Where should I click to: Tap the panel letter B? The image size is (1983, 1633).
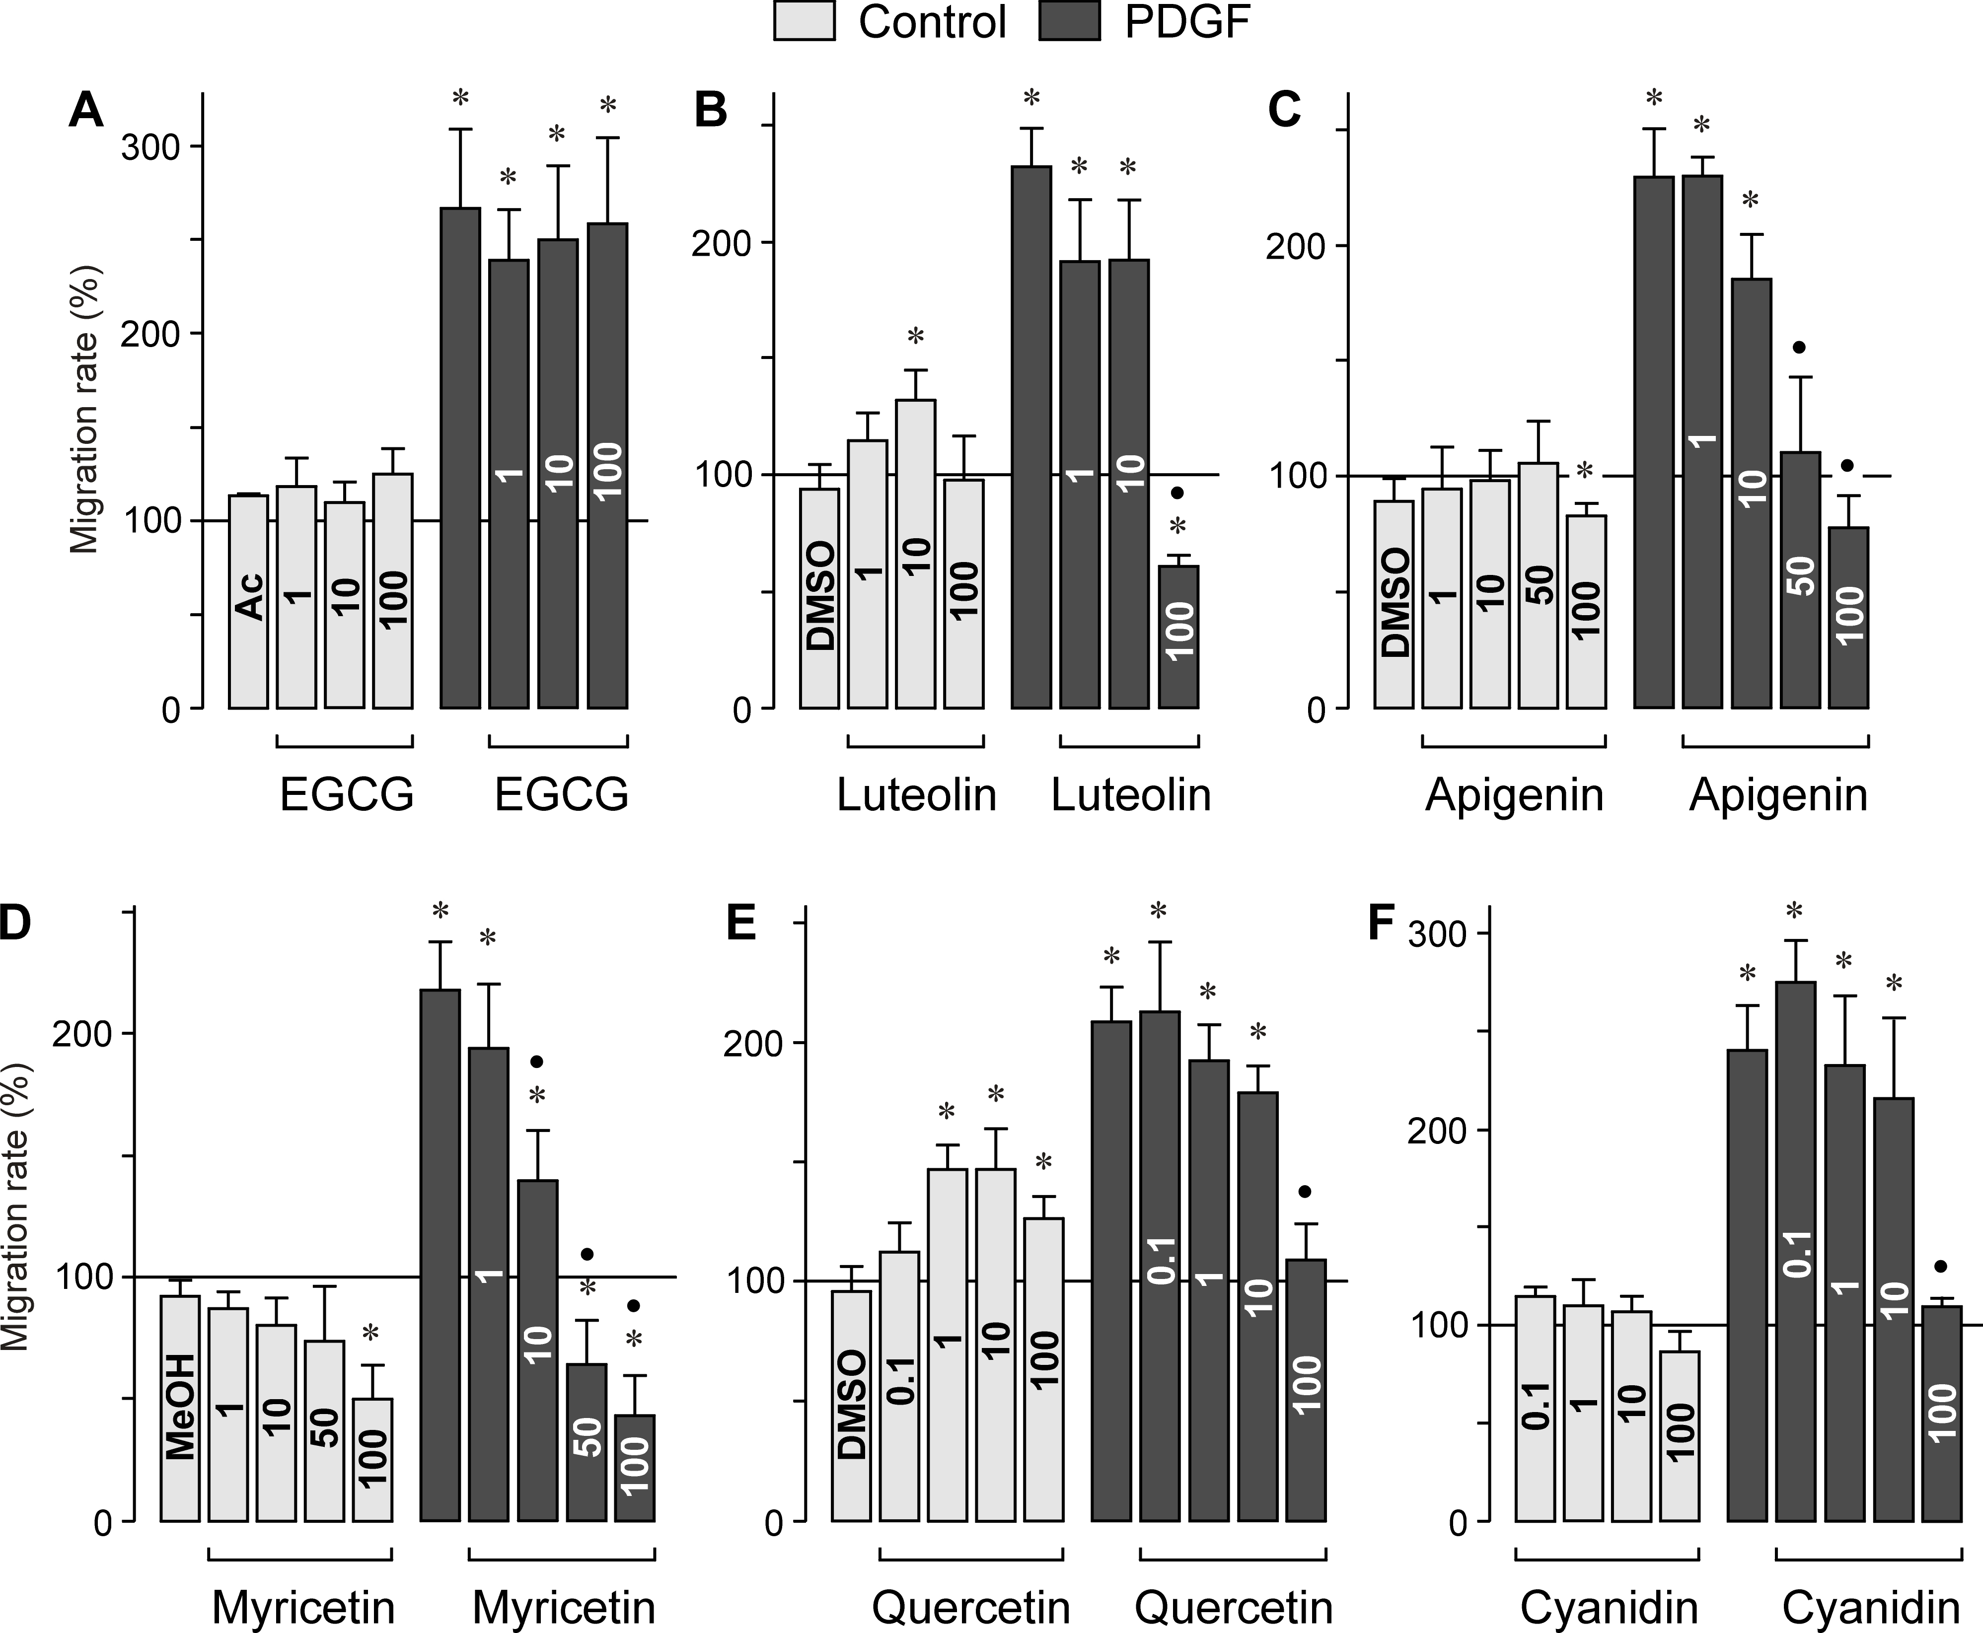tap(710, 111)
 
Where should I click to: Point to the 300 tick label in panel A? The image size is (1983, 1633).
tap(150, 147)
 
